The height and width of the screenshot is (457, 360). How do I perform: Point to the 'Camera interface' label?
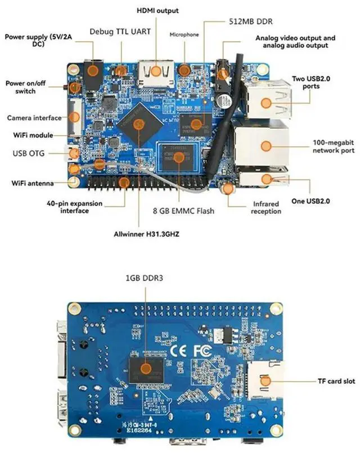pyautogui.click(x=34, y=118)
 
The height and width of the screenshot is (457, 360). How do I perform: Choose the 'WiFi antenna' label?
pyautogui.click(x=33, y=183)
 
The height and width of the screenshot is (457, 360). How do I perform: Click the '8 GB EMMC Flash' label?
pyautogui.click(x=183, y=211)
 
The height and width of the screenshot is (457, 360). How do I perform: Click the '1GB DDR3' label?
pyautogui.click(x=145, y=277)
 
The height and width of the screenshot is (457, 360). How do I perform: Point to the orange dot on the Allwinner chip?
pyautogui.click(x=141, y=123)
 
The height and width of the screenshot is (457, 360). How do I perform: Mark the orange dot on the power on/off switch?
pyautogui.click(x=74, y=87)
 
